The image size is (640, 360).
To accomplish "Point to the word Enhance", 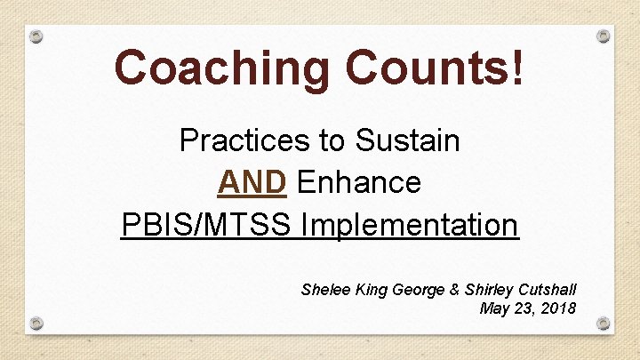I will [359, 182].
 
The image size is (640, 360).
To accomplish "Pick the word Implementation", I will [410, 225].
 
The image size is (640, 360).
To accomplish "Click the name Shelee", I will [324, 290].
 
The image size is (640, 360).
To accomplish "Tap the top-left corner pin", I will [36, 37].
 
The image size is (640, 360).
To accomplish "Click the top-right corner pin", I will [604, 36].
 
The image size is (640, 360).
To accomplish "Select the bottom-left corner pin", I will [36, 322].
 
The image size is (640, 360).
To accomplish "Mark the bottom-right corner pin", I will [604, 322].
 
